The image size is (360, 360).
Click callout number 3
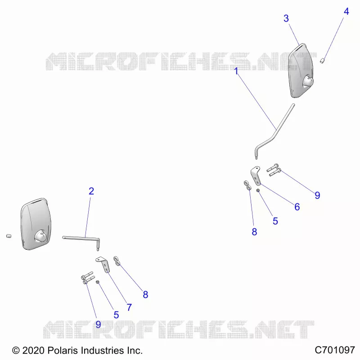point(286,18)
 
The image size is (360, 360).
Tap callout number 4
point(346,12)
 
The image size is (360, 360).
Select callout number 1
point(236,71)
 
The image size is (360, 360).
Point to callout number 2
point(91,191)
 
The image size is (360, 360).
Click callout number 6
point(297,207)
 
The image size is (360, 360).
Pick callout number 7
point(129,307)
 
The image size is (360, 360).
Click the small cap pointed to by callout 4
point(322,61)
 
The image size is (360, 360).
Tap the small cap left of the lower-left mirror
point(9,236)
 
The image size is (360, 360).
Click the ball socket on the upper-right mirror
point(308,81)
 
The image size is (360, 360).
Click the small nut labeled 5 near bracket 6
point(258,190)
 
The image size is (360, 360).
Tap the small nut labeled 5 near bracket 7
point(97,282)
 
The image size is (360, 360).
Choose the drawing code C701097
point(334,350)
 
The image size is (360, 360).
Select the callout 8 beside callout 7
point(145,295)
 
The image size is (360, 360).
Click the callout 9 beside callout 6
point(317,195)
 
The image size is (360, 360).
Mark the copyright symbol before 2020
point(16,351)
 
